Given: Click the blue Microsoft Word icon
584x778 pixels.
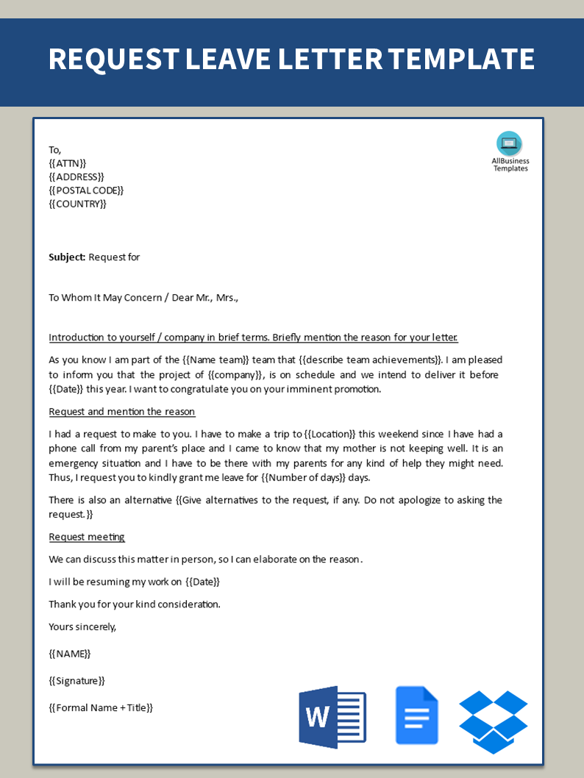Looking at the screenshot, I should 332,717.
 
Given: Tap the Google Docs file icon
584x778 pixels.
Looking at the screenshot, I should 416,715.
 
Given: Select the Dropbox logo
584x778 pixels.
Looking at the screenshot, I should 493,721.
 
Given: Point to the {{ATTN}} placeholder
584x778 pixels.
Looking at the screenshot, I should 68,163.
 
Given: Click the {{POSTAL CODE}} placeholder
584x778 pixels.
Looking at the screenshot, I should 86,190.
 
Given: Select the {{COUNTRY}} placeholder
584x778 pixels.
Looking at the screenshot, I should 77,204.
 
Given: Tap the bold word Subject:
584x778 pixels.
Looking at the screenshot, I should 67,257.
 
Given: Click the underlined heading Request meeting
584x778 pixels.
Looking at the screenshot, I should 87,537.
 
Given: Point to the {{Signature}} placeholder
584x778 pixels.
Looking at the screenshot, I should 76,681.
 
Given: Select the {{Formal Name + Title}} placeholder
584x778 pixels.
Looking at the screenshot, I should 101,707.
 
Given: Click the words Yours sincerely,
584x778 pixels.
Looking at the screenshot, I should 82,627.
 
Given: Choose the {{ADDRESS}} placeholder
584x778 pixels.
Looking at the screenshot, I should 76,176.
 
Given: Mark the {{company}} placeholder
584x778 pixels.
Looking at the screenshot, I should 236,375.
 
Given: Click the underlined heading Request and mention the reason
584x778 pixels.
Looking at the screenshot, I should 122,412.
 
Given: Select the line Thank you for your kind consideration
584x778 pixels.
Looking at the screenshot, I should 135,604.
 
